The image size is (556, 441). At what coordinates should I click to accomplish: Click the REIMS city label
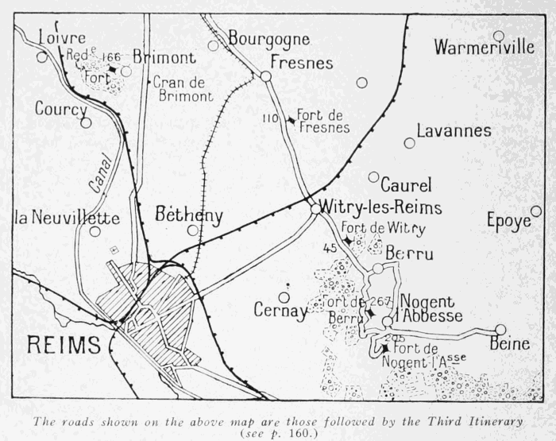tap(64, 346)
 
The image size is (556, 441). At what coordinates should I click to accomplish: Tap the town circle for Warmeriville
tap(498, 36)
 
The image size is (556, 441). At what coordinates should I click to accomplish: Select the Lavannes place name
tap(454, 130)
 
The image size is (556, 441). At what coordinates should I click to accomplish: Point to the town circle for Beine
tap(500, 329)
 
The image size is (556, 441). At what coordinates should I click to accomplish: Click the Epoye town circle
tap(536, 211)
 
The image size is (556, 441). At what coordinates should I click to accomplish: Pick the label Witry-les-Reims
tap(380, 207)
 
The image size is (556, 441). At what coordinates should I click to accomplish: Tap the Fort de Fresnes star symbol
tap(292, 120)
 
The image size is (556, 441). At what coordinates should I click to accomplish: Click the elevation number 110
tap(271, 118)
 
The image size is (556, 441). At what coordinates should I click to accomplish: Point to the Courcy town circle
tap(86, 122)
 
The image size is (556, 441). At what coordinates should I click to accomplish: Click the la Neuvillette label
tap(67, 218)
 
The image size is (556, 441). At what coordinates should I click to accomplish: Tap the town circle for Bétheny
tap(193, 230)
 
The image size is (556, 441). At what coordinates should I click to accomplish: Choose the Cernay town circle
tap(284, 297)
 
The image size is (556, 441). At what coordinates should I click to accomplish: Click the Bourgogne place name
tap(265, 37)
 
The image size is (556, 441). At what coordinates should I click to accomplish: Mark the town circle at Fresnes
tap(266, 76)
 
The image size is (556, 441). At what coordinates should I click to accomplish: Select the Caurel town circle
tap(373, 176)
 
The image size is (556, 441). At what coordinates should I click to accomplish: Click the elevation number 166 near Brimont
tap(112, 56)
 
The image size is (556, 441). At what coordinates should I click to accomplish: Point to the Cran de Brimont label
tap(183, 88)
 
